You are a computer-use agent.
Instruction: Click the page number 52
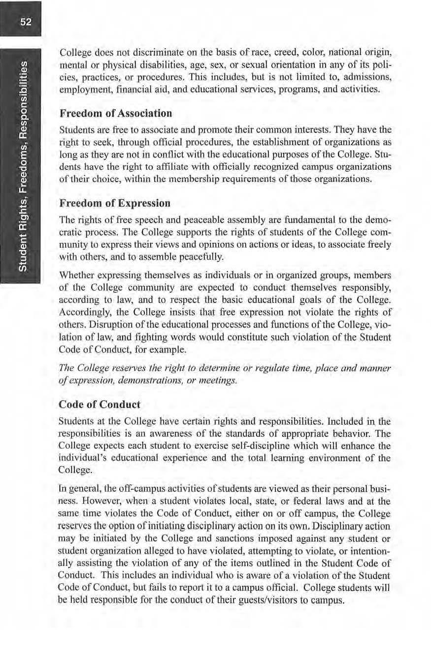tap(23, 21)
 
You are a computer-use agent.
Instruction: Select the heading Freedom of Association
tap(115, 113)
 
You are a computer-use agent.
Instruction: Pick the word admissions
tap(366, 77)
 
